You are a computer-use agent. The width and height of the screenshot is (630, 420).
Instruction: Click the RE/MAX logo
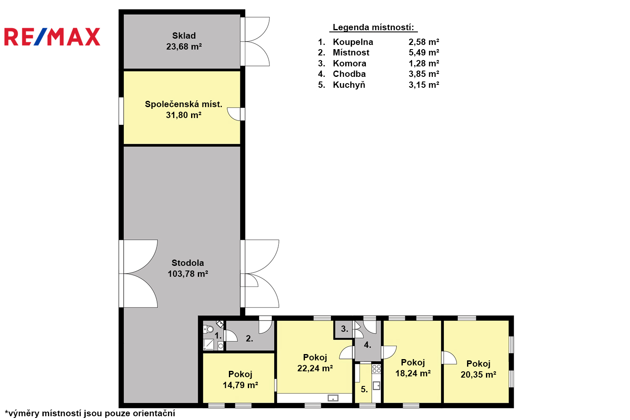[x=52, y=37]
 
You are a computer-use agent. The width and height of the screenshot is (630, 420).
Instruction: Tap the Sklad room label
[x=184, y=36]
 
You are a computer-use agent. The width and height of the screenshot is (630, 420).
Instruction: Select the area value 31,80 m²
[x=184, y=115]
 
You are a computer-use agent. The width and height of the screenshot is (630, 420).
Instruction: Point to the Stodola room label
[x=188, y=263]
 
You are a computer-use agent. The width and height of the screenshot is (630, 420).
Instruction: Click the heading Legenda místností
[x=373, y=27]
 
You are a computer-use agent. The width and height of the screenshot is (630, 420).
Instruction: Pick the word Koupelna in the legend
[x=353, y=42]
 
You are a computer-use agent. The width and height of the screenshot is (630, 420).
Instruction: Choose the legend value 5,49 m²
[x=424, y=52]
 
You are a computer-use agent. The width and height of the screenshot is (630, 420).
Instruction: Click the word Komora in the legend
[x=349, y=63]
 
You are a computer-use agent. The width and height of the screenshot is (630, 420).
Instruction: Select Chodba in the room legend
[x=349, y=74]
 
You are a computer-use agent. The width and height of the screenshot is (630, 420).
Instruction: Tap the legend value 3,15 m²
[x=424, y=85]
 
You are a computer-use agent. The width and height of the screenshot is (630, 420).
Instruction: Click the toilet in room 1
[x=208, y=329]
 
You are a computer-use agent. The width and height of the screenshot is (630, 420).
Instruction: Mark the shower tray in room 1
[x=209, y=344]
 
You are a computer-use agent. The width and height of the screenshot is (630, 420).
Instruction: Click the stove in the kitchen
[x=376, y=368]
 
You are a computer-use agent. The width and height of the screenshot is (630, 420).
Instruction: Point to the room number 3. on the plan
[x=345, y=328]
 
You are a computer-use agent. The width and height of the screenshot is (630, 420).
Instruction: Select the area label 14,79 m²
[x=241, y=385]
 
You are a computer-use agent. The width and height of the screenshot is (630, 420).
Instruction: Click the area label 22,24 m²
[x=315, y=368]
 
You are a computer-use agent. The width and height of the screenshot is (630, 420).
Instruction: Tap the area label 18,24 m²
[x=413, y=373]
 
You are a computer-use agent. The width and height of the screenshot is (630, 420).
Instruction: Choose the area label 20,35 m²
[x=478, y=374]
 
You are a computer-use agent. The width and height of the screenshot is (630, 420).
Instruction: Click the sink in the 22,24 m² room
[x=333, y=398]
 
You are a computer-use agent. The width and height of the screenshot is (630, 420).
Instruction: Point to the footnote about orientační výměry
[x=90, y=413]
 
